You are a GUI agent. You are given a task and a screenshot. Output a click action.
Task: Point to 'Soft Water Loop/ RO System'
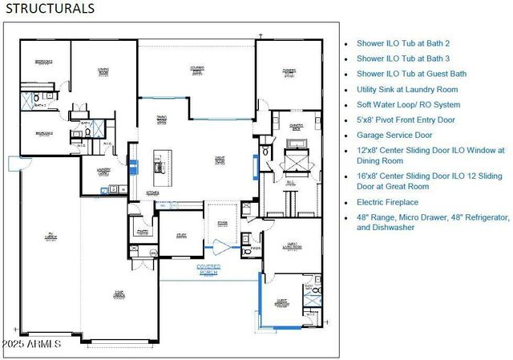pyautogui.click(x=409, y=104)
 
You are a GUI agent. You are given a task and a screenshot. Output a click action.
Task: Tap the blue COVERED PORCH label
pyautogui.click(x=208, y=269)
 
